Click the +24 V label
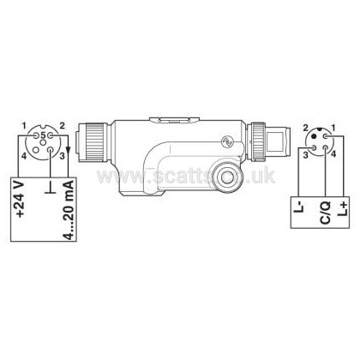[x=21, y=199]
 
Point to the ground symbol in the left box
[x=51, y=189]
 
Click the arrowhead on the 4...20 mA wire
[x=69, y=149]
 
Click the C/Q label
[x=325, y=212]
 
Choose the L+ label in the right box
[x=343, y=208]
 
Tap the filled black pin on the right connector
[x=315, y=136]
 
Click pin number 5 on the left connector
[x=43, y=135]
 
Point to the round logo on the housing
[x=228, y=141]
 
